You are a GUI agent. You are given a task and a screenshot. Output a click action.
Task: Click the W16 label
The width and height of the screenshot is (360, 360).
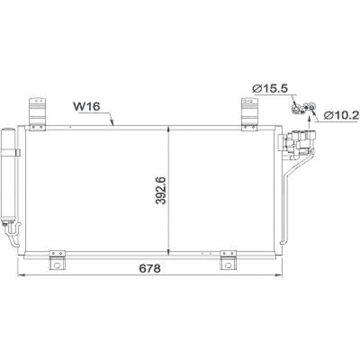pos(87,107)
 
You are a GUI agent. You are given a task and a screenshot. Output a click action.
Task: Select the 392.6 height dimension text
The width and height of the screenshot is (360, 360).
pos(161,190)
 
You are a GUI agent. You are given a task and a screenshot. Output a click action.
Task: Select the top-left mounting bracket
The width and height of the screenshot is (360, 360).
pos(38,114)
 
